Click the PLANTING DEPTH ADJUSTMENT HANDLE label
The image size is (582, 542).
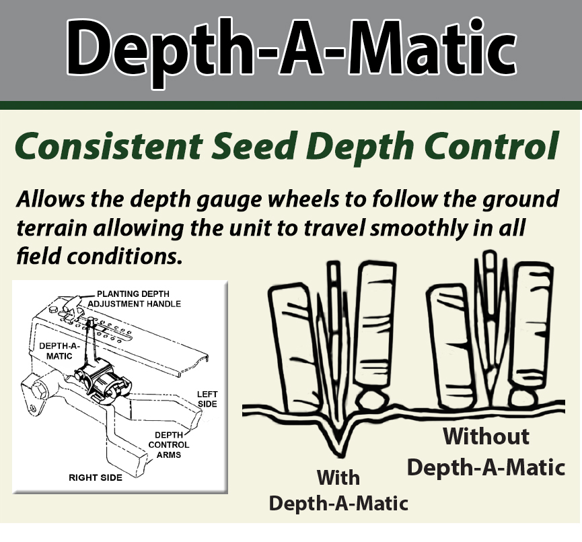[x=139, y=299]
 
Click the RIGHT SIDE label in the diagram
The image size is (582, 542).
[x=95, y=477]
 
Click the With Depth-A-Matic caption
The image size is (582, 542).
[x=338, y=490]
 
